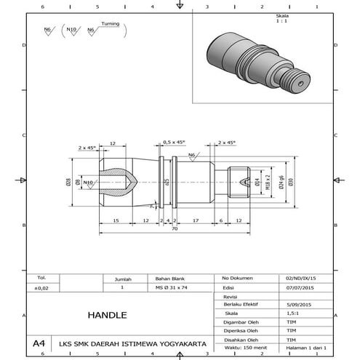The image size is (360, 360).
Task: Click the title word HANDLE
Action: [x=107, y=316]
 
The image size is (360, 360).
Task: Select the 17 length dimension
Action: [x=196, y=220]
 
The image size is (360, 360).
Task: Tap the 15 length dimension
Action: [x=116, y=220]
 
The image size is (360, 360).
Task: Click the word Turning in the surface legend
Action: [x=111, y=24]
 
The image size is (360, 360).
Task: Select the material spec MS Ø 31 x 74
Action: [x=172, y=288]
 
